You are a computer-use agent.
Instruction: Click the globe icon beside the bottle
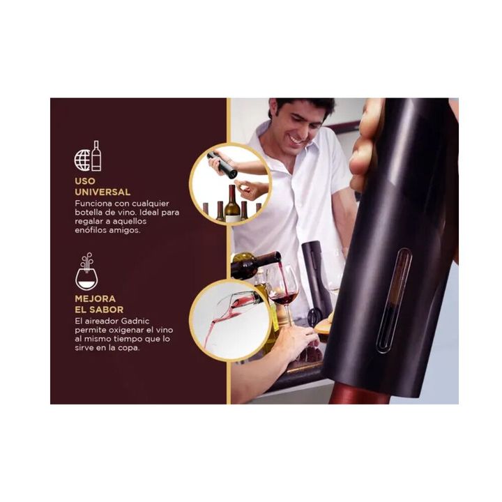(82, 160)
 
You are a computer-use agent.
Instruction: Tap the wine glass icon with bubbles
(86, 271)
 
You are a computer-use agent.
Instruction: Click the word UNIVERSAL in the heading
(102, 192)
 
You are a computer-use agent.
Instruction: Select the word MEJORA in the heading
(95, 298)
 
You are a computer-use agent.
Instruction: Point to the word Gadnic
(135, 321)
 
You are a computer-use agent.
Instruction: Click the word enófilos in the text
(90, 230)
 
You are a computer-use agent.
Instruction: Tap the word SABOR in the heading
(108, 310)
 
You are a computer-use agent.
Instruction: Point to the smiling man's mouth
(296, 140)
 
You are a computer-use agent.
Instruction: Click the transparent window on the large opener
(394, 301)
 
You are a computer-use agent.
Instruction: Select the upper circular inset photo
(231, 184)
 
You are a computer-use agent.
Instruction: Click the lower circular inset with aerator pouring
(230, 321)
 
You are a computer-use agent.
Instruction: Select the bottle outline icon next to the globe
(96, 155)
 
